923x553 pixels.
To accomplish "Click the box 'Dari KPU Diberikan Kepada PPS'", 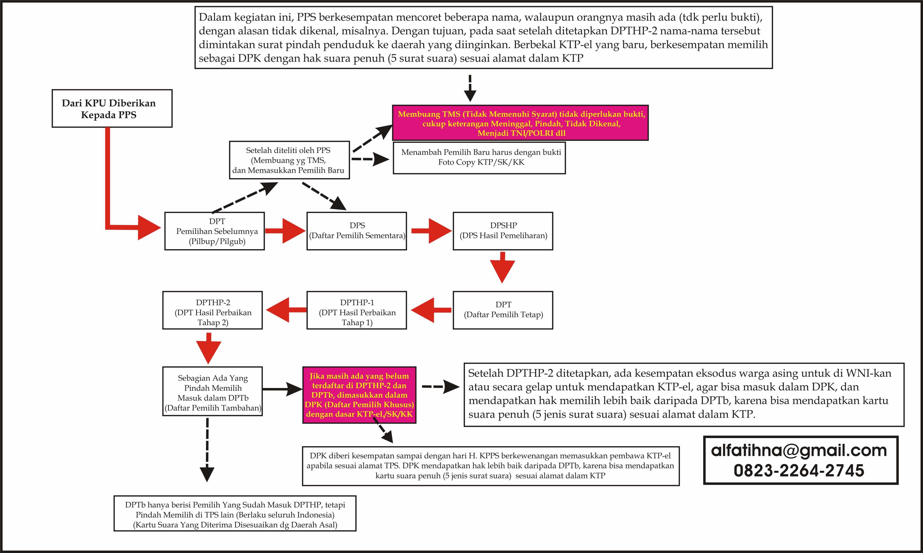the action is tap(112, 108).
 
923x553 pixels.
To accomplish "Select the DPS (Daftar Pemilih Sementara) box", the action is tap(356, 231).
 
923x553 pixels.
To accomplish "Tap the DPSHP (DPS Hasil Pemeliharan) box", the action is tap(503, 231).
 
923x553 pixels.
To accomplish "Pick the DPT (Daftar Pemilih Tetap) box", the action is tap(503, 310).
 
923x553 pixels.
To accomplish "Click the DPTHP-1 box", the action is tap(356, 310).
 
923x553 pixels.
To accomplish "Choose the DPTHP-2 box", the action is tap(212, 310).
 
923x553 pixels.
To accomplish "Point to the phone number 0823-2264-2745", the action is tap(799, 470).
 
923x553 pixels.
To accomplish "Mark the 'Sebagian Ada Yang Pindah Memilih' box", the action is tap(212, 391).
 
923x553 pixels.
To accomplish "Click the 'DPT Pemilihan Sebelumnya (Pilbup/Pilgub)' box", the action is tap(215, 231).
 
